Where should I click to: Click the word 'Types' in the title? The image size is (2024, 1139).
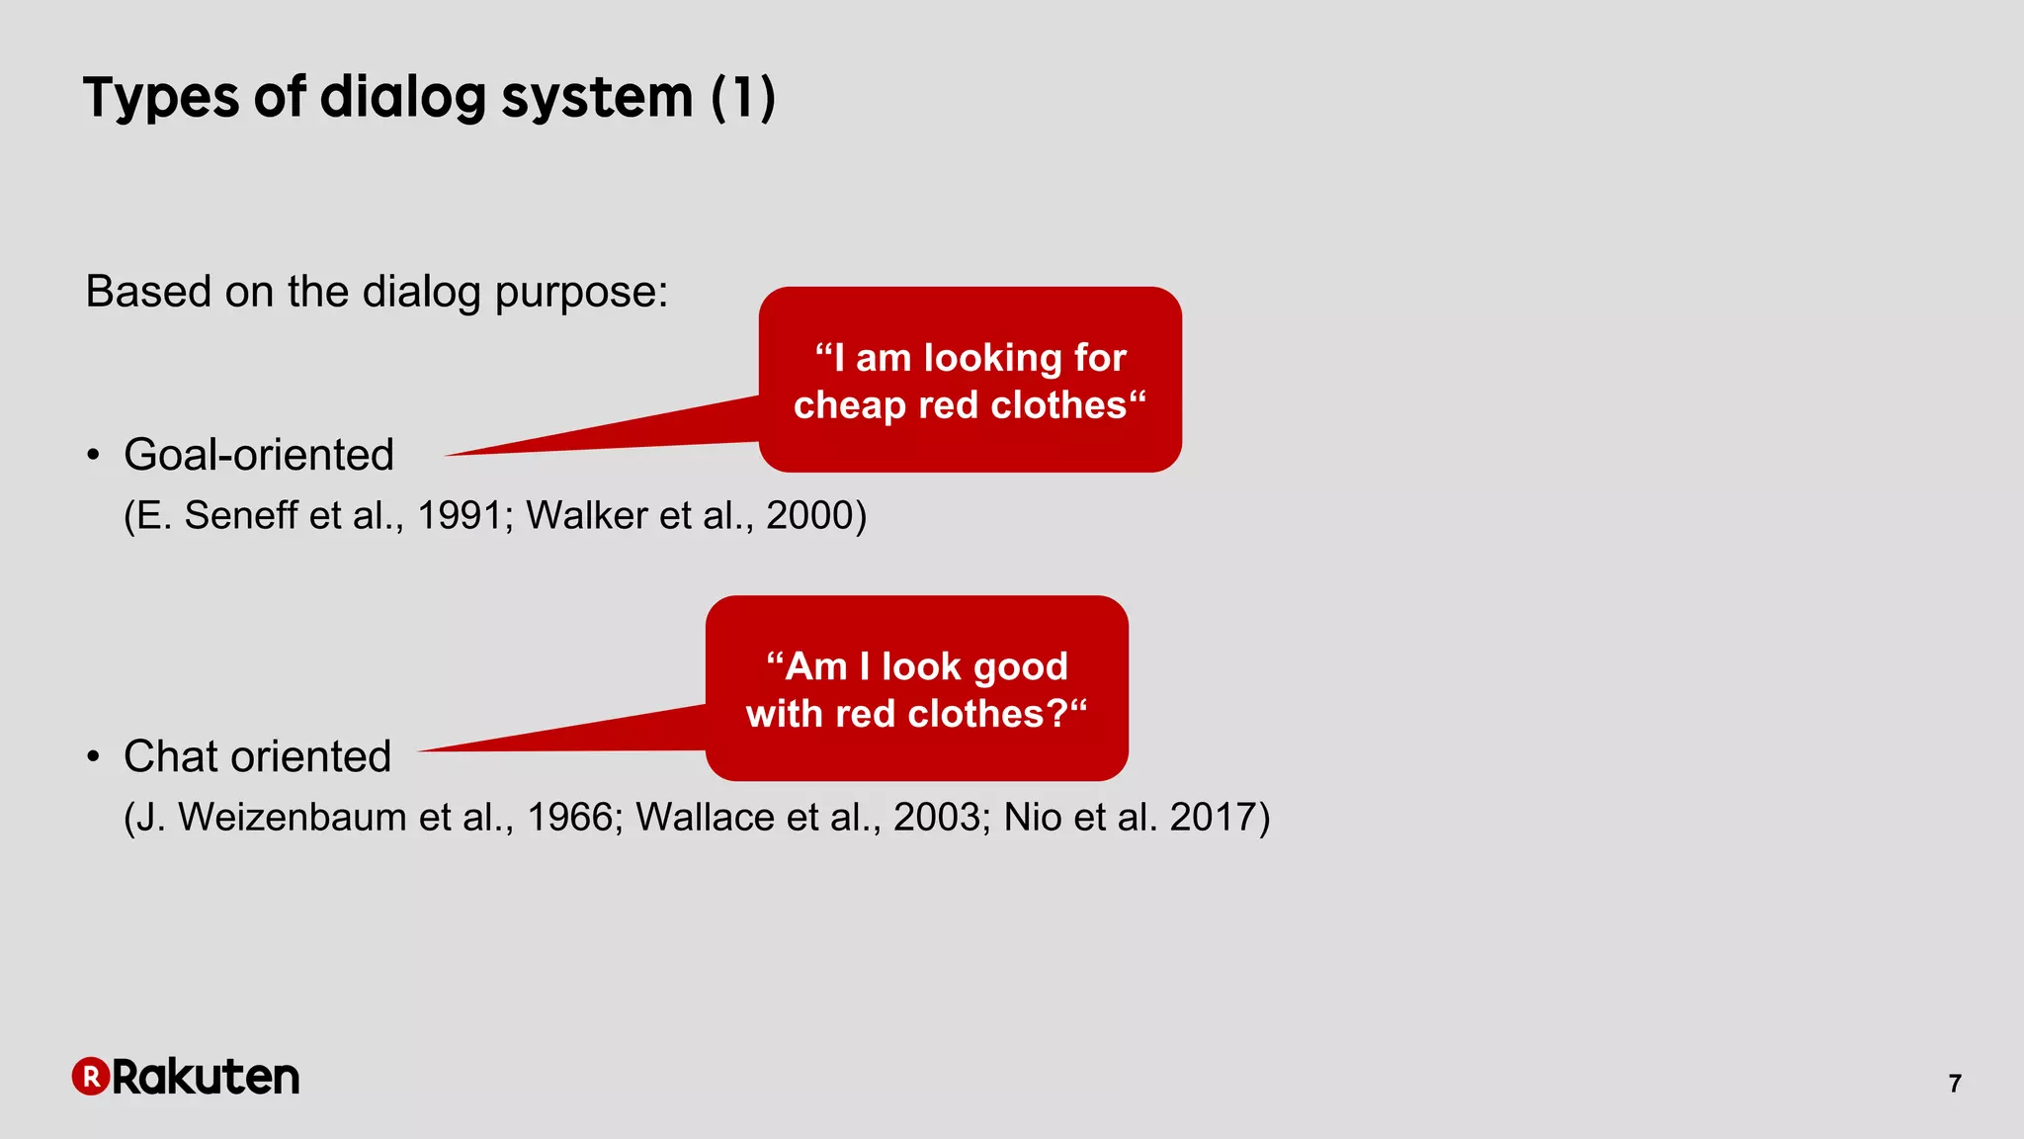[161, 98]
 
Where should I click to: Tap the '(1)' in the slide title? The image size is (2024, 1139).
[743, 98]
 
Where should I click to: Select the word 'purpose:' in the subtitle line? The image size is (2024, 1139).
[581, 293]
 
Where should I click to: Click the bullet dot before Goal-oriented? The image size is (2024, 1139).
[93, 456]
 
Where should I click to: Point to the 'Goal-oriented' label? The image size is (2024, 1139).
[259, 455]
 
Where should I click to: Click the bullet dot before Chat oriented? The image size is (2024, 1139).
[93, 757]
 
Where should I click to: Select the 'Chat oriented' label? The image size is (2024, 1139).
[257, 756]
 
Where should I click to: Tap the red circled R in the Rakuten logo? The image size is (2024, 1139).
[90, 1077]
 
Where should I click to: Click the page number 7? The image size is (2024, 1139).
[1954, 1084]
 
